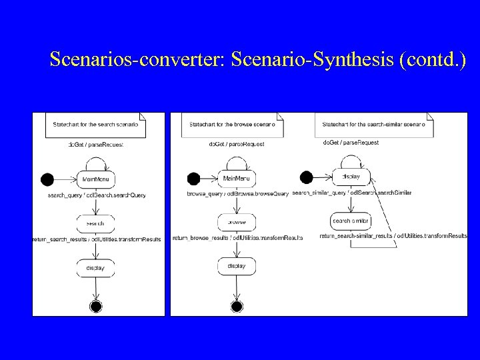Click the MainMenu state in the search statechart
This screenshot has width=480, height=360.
[96, 179]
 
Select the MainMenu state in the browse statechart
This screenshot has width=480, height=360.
[237, 178]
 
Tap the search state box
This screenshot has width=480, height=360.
[96, 222]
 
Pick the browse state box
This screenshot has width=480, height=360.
[237, 222]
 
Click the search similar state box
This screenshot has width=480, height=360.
[351, 221]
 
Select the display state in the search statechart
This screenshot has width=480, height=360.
[96, 267]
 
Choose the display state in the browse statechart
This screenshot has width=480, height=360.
[237, 266]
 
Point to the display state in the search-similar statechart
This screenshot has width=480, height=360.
[351, 177]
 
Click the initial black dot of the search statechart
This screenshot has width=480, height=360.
[47, 179]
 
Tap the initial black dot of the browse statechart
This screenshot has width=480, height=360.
[193, 179]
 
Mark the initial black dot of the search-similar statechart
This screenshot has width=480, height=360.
[306, 177]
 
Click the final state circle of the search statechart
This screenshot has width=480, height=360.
[96, 307]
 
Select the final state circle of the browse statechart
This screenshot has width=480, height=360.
[237, 307]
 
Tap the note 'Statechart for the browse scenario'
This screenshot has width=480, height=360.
[227, 125]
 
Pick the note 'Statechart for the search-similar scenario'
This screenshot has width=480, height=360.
[373, 125]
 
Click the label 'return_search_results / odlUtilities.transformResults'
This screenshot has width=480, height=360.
[97, 239]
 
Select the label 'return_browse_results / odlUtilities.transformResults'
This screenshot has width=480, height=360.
[238, 237]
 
